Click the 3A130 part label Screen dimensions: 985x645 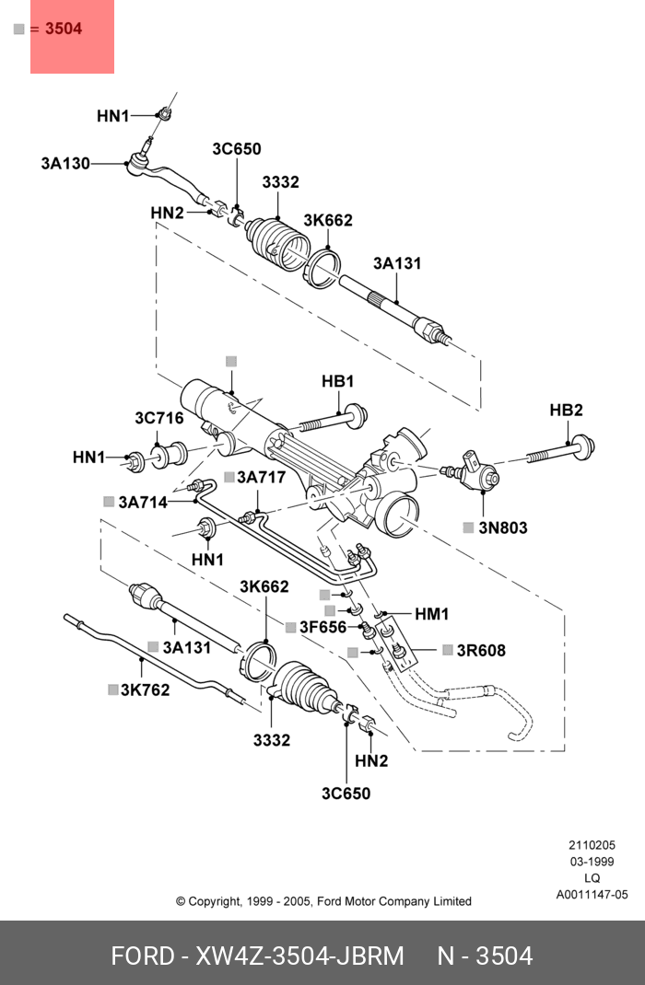pos(64,164)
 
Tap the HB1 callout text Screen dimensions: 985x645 pos(337,381)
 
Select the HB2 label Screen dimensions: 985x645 pos(566,411)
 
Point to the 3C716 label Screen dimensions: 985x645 pos(158,419)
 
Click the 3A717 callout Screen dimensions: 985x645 pos(261,477)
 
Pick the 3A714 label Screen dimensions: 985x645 pos(142,502)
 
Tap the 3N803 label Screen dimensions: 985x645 pos(502,528)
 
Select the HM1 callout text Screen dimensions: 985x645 pos(431,614)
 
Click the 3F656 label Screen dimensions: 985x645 pos(322,628)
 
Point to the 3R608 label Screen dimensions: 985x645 pos(481,651)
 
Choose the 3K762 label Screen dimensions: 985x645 pos(145,689)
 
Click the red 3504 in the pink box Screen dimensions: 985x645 pos(64,29)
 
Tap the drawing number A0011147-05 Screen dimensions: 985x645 pos(592,895)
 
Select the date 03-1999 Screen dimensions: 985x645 pos(592,862)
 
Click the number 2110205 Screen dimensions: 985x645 pos(592,845)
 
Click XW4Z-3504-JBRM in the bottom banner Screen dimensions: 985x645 pos(299,956)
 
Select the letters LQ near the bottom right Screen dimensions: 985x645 pos(592,878)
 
